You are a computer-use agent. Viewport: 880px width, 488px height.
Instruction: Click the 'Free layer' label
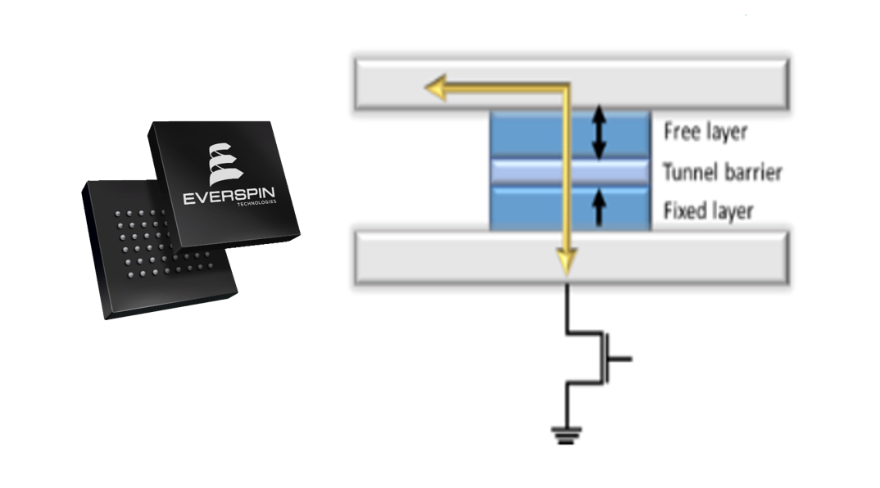(705, 131)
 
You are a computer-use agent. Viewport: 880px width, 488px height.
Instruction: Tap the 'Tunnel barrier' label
(722, 172)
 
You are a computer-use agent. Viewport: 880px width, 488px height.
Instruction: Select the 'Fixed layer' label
(708, 211)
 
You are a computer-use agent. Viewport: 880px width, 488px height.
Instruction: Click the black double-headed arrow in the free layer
(599, 132)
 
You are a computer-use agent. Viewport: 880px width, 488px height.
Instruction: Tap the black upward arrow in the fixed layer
(599, 207)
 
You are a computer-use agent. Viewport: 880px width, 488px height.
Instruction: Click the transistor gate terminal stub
(622, 359)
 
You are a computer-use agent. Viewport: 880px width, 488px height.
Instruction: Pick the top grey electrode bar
(655, 84)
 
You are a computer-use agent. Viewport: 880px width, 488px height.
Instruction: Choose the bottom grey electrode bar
(655, 257)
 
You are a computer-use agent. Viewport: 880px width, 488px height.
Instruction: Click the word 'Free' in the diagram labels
(680, 131)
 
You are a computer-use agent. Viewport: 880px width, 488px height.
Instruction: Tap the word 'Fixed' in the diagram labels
(683, 211)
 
